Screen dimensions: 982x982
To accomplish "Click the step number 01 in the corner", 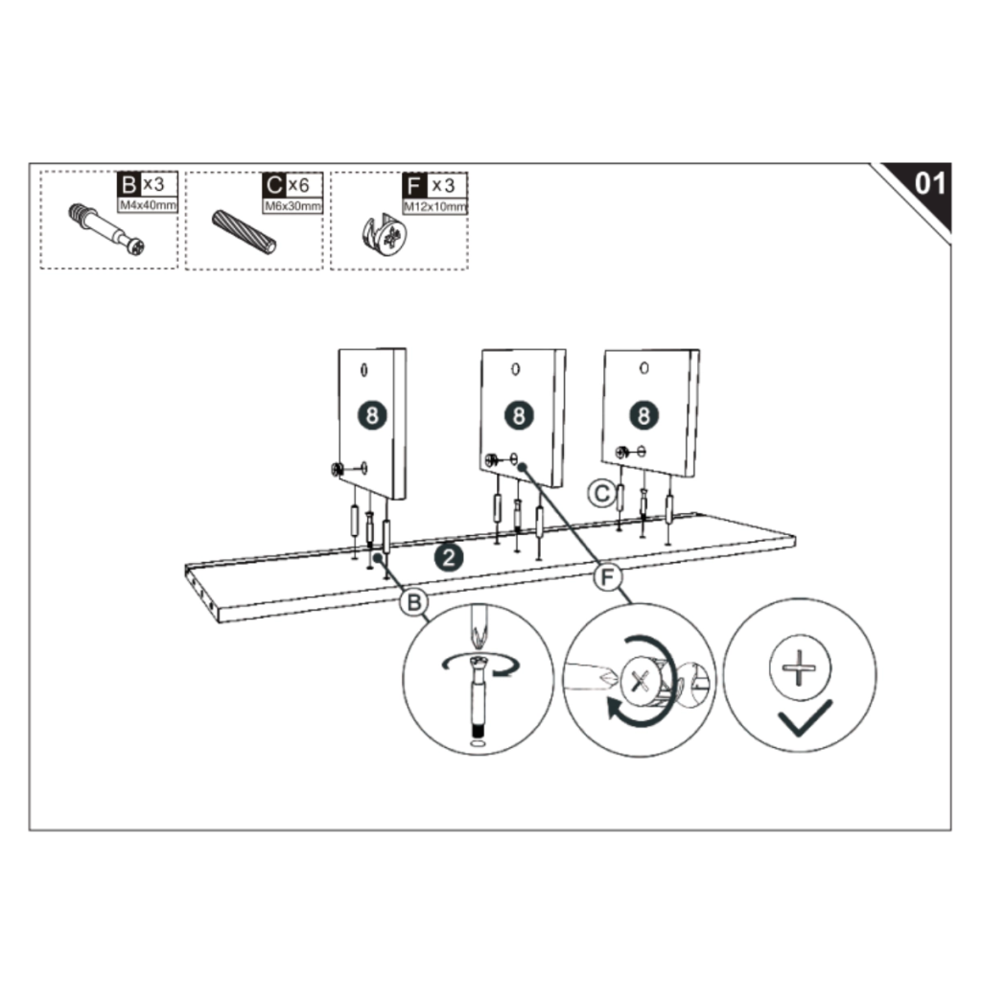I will coord(929,183).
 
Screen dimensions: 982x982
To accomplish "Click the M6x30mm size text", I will coord(292,205).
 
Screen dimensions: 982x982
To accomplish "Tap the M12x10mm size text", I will coord(435,205).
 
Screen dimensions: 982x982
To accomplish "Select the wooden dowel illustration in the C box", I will coord(245,230).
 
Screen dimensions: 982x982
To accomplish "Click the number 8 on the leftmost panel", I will coord(372,414).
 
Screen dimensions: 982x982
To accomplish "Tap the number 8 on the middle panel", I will coord(518,414).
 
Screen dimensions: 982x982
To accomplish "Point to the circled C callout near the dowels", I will coord(600,493).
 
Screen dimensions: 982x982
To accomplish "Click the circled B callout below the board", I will coord(413,602).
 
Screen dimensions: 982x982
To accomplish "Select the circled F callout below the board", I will coord(606,577).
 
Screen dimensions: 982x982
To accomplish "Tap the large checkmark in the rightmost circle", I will coord(805,716).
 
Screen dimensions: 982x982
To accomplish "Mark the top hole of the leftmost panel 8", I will coord(364,369).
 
